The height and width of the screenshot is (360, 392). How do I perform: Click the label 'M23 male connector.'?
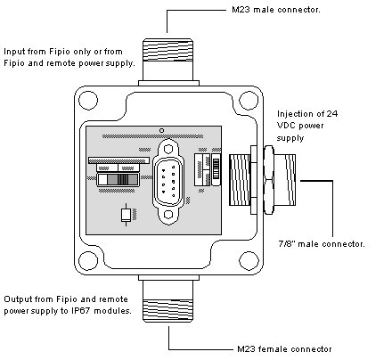click(x=276, y=10)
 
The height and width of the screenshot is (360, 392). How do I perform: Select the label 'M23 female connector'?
click(x=284, y=348)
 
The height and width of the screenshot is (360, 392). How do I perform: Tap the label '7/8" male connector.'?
click(x=322, y=244)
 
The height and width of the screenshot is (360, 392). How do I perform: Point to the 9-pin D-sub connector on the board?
click(x=168, y=182)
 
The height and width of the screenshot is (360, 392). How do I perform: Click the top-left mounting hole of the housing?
click(x=88, y=101)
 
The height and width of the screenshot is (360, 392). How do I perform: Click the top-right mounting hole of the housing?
click(x=249, y=101)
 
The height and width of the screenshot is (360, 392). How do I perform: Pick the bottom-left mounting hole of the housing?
click(x=88, y=260)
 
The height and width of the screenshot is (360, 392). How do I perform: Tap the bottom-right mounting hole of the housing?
click(x=249, y=260)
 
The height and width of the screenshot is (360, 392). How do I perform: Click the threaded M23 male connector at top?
click(x=168, y=61)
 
